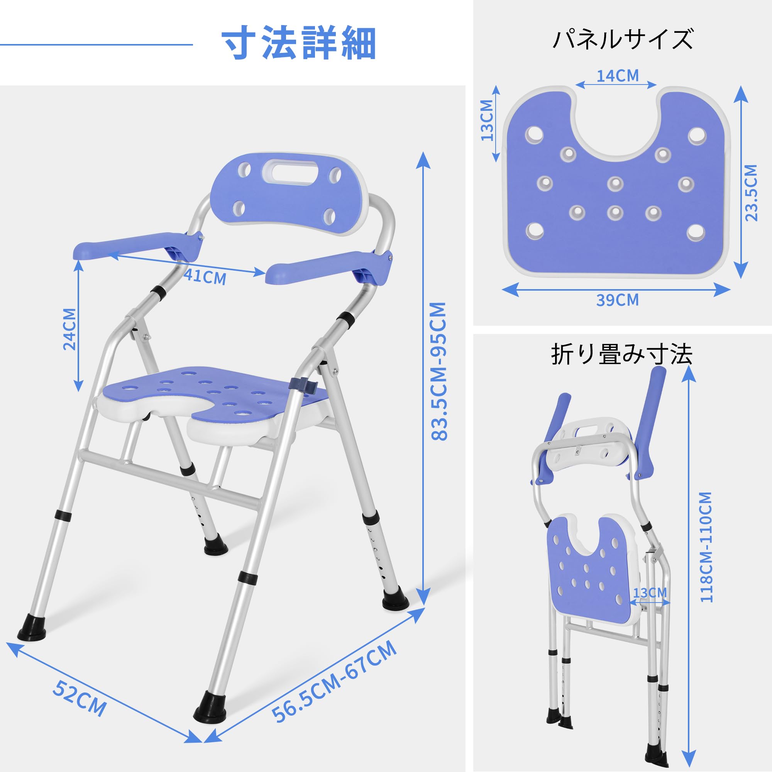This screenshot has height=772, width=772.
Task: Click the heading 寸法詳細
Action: click(298, 44)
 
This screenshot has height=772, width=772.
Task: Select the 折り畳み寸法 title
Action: click(621, 354)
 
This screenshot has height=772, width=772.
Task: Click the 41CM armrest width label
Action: click(205, 277)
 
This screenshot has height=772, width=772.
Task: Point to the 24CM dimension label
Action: click(70, 329)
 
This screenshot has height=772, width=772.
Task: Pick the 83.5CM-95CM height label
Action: click(439, 372)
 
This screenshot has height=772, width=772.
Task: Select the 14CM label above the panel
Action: click(617, 76)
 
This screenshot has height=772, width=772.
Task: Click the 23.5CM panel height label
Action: click(751, 193)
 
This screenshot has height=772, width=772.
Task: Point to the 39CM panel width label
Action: click(617, 300)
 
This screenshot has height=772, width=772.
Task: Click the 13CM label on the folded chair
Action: click(650, 592)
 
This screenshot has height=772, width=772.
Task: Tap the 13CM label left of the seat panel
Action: click(487, 120)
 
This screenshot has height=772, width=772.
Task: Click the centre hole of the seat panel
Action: click(615, 184)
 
